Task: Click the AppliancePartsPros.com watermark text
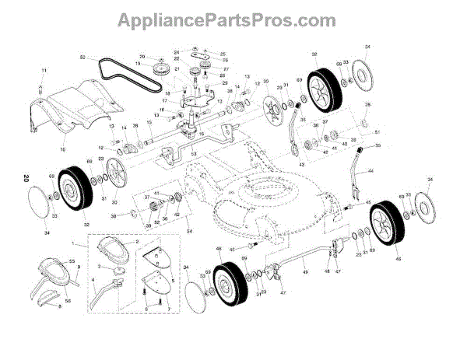point(233,17)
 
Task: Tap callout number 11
point(44,72)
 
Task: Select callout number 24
point(177,52)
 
